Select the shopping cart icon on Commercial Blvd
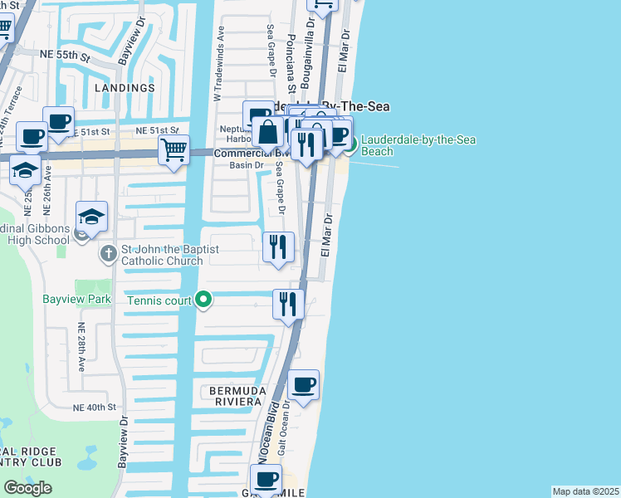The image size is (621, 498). click(x=174, y=151)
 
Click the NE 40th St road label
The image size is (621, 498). click(x=94, y=408)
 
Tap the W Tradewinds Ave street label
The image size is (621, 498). click(x=220, y=61)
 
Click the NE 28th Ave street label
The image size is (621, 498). click(x=81, y=348)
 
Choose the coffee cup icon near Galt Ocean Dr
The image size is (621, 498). click(x=304, y=385)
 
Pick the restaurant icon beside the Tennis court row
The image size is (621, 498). click(x=288, y=303)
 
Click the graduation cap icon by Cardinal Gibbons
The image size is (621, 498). click(x=91, y=217)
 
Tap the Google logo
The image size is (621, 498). click(x=27, y=488)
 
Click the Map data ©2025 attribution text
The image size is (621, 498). click(x=585, y=491)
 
